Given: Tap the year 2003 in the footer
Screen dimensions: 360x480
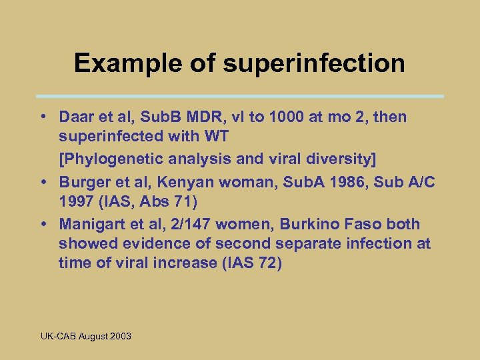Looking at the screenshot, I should coord(121,336).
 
